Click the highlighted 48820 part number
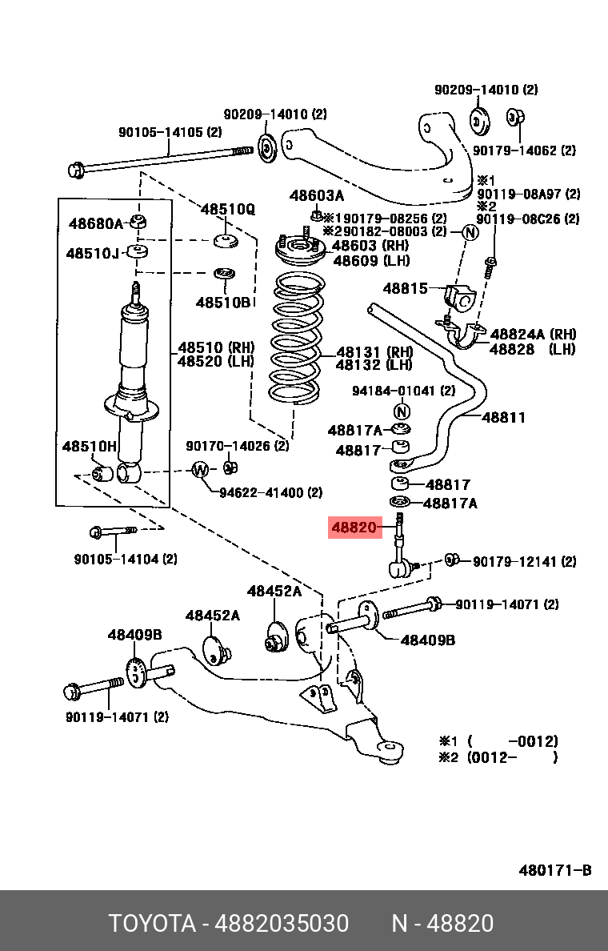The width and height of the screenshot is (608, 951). pyautogui.click(x=354, y=528)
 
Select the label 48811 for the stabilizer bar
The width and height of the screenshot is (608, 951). pyautogui.click(x=503, y=417)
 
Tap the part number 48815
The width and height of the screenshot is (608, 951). pyautogui.click(x=405, y=288)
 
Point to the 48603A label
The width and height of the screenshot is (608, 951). pyautogui.click(x=316, y=196)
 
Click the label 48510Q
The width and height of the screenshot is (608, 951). pyautogui.click(x=227, y=210)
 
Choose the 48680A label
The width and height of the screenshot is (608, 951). pyautogui.click(x=95, y=224)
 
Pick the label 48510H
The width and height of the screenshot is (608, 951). pyautogui.click(x=89, y=446)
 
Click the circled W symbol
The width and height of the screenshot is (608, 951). pyautogui.click(x=200, y=470)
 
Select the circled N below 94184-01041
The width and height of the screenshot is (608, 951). pyautogui.click(x=402, y=411)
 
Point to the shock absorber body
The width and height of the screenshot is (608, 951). pyautogui.click(x=134, y=352)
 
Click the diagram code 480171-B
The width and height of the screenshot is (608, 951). pyautogui.click(x=554, y=870)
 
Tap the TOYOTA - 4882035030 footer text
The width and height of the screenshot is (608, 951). pyautogui.click(x=229, y=924)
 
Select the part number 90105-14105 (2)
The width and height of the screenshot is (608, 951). pyautogui.click(x=170, y=133)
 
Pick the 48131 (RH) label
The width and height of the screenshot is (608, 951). pyautogui.click(x=374, y=351)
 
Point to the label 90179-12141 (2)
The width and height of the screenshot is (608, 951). pyautogui.click(x=523, y=562)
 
